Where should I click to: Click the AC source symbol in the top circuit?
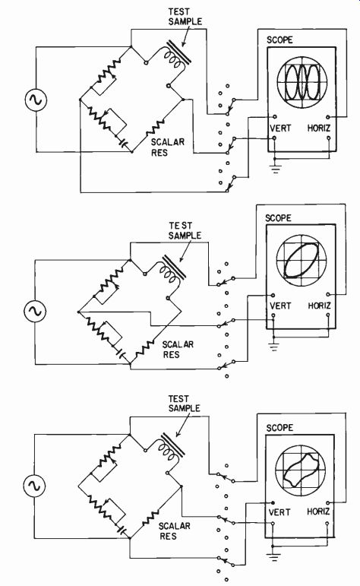36,100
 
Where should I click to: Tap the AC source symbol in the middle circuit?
35,312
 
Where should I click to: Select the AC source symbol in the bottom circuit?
34,486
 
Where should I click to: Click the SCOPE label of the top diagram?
279,40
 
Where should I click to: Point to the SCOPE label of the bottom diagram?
279,428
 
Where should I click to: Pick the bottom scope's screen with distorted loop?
301,470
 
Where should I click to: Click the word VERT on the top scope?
280,128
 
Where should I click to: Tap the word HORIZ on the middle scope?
319,306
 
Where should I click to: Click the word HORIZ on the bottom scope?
318,512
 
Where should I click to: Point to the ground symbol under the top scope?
276,168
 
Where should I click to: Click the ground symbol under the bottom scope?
273,556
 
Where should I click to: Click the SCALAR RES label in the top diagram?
168,147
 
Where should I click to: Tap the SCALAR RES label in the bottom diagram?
175,531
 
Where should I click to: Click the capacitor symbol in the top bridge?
122,142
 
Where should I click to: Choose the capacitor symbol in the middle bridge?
120,353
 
